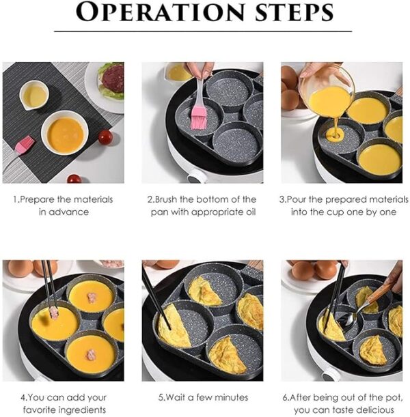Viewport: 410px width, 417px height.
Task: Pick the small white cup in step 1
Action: pos(33,95)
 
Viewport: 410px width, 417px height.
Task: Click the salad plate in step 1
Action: pos(108,84)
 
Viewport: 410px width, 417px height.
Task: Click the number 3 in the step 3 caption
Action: pos(282,199)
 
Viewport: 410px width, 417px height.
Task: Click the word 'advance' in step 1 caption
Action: pos(72,212)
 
